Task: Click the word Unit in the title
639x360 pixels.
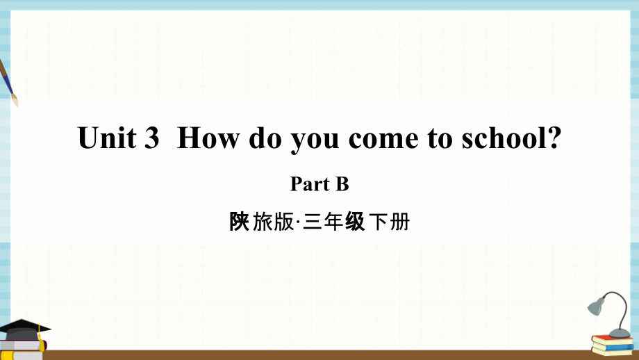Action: click(x=107, y=138)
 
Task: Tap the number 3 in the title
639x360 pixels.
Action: click(x=151, y=138)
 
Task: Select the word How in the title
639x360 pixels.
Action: click(x=208, y=138)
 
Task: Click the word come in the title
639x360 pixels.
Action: click(x=383, y=140)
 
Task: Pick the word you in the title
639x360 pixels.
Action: click(x=315, y=142)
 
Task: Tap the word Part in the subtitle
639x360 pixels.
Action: click(x=309, y=184)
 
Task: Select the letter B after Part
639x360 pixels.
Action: click(x=342, y=184)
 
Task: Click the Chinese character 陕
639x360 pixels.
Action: click(x=239, y=222)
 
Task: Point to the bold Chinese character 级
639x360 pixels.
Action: click(x=355, y=222)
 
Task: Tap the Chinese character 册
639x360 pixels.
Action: click(x=400, y=222)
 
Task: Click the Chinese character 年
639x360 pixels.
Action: click(x=333, y=222)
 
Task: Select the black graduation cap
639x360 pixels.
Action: click(x=24, y=329)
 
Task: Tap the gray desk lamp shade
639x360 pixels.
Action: click(x=596, y=306)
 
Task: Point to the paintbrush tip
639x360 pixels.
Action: click(x=15, y=101)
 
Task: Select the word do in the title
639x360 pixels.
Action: click(x=265, y=138)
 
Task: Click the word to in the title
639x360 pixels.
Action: click(x=440, y=138)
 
